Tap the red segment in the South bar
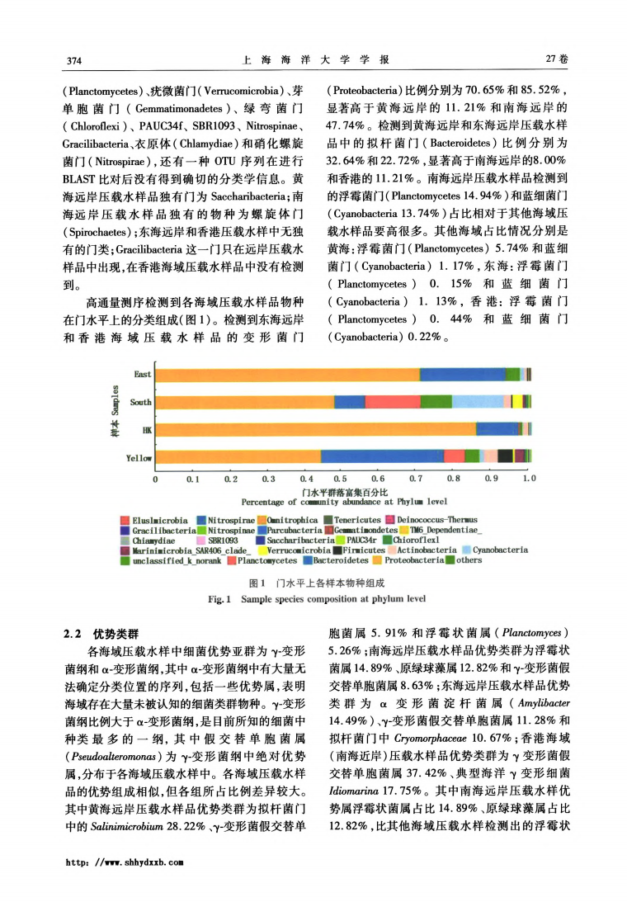(393, 402)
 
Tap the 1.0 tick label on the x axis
(529, 478)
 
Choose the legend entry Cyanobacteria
(500, 550)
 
